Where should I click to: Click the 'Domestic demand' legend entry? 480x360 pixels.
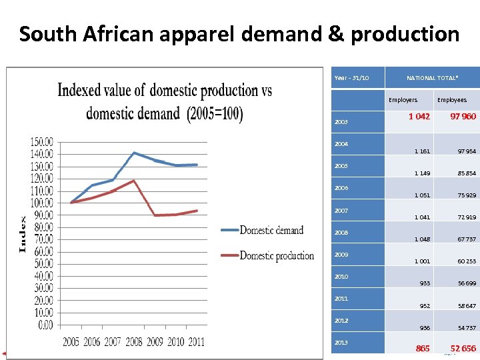tap(271, 230)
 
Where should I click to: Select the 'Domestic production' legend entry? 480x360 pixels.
tap(276, 255)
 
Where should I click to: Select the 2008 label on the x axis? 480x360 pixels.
tap(133, 342)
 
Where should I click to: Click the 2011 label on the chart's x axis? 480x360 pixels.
tap(195, 342)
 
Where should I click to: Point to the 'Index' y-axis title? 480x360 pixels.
tap(23, 234)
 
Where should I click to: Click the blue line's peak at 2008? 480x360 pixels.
tap(134, 153)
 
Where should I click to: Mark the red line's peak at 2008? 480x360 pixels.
tap(134, 181)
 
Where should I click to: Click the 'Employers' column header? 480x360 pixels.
tap(403, 100)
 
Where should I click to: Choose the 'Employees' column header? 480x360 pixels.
tap(451, 100)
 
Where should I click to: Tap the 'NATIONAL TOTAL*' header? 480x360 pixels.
tap(433, 78)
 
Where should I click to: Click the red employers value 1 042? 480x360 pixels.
tap(419, 117)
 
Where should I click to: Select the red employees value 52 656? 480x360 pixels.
tap(463, 349)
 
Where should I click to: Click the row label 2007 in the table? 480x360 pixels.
tap(341, 211)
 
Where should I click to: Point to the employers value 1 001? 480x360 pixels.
tap(421, 261)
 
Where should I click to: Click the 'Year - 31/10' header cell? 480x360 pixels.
tap(352, 78)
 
